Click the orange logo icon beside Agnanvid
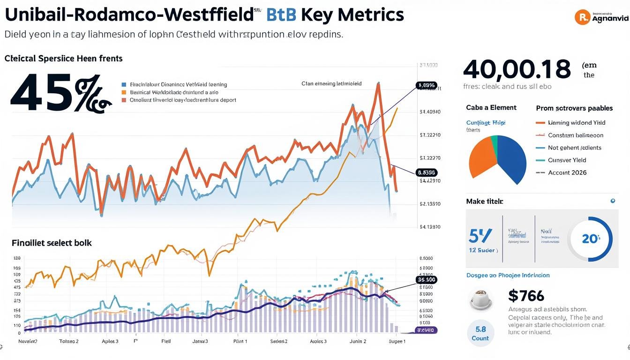(x=582, y=17)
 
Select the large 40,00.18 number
(x=517, y=69)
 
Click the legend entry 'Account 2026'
(x=567, y=172)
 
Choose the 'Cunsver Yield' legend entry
(x=568, y=160)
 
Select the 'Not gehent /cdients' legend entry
(x=574, y=148)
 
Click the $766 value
(x=526, y=296)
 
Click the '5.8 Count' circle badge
(x=480, y=333)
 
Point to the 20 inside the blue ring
(x=590, y=239)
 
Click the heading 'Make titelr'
(x=484, y=201)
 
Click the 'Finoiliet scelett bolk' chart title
(x=52, y=243)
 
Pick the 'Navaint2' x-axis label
(x=28, y=341)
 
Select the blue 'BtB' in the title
(x=280, y=15)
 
